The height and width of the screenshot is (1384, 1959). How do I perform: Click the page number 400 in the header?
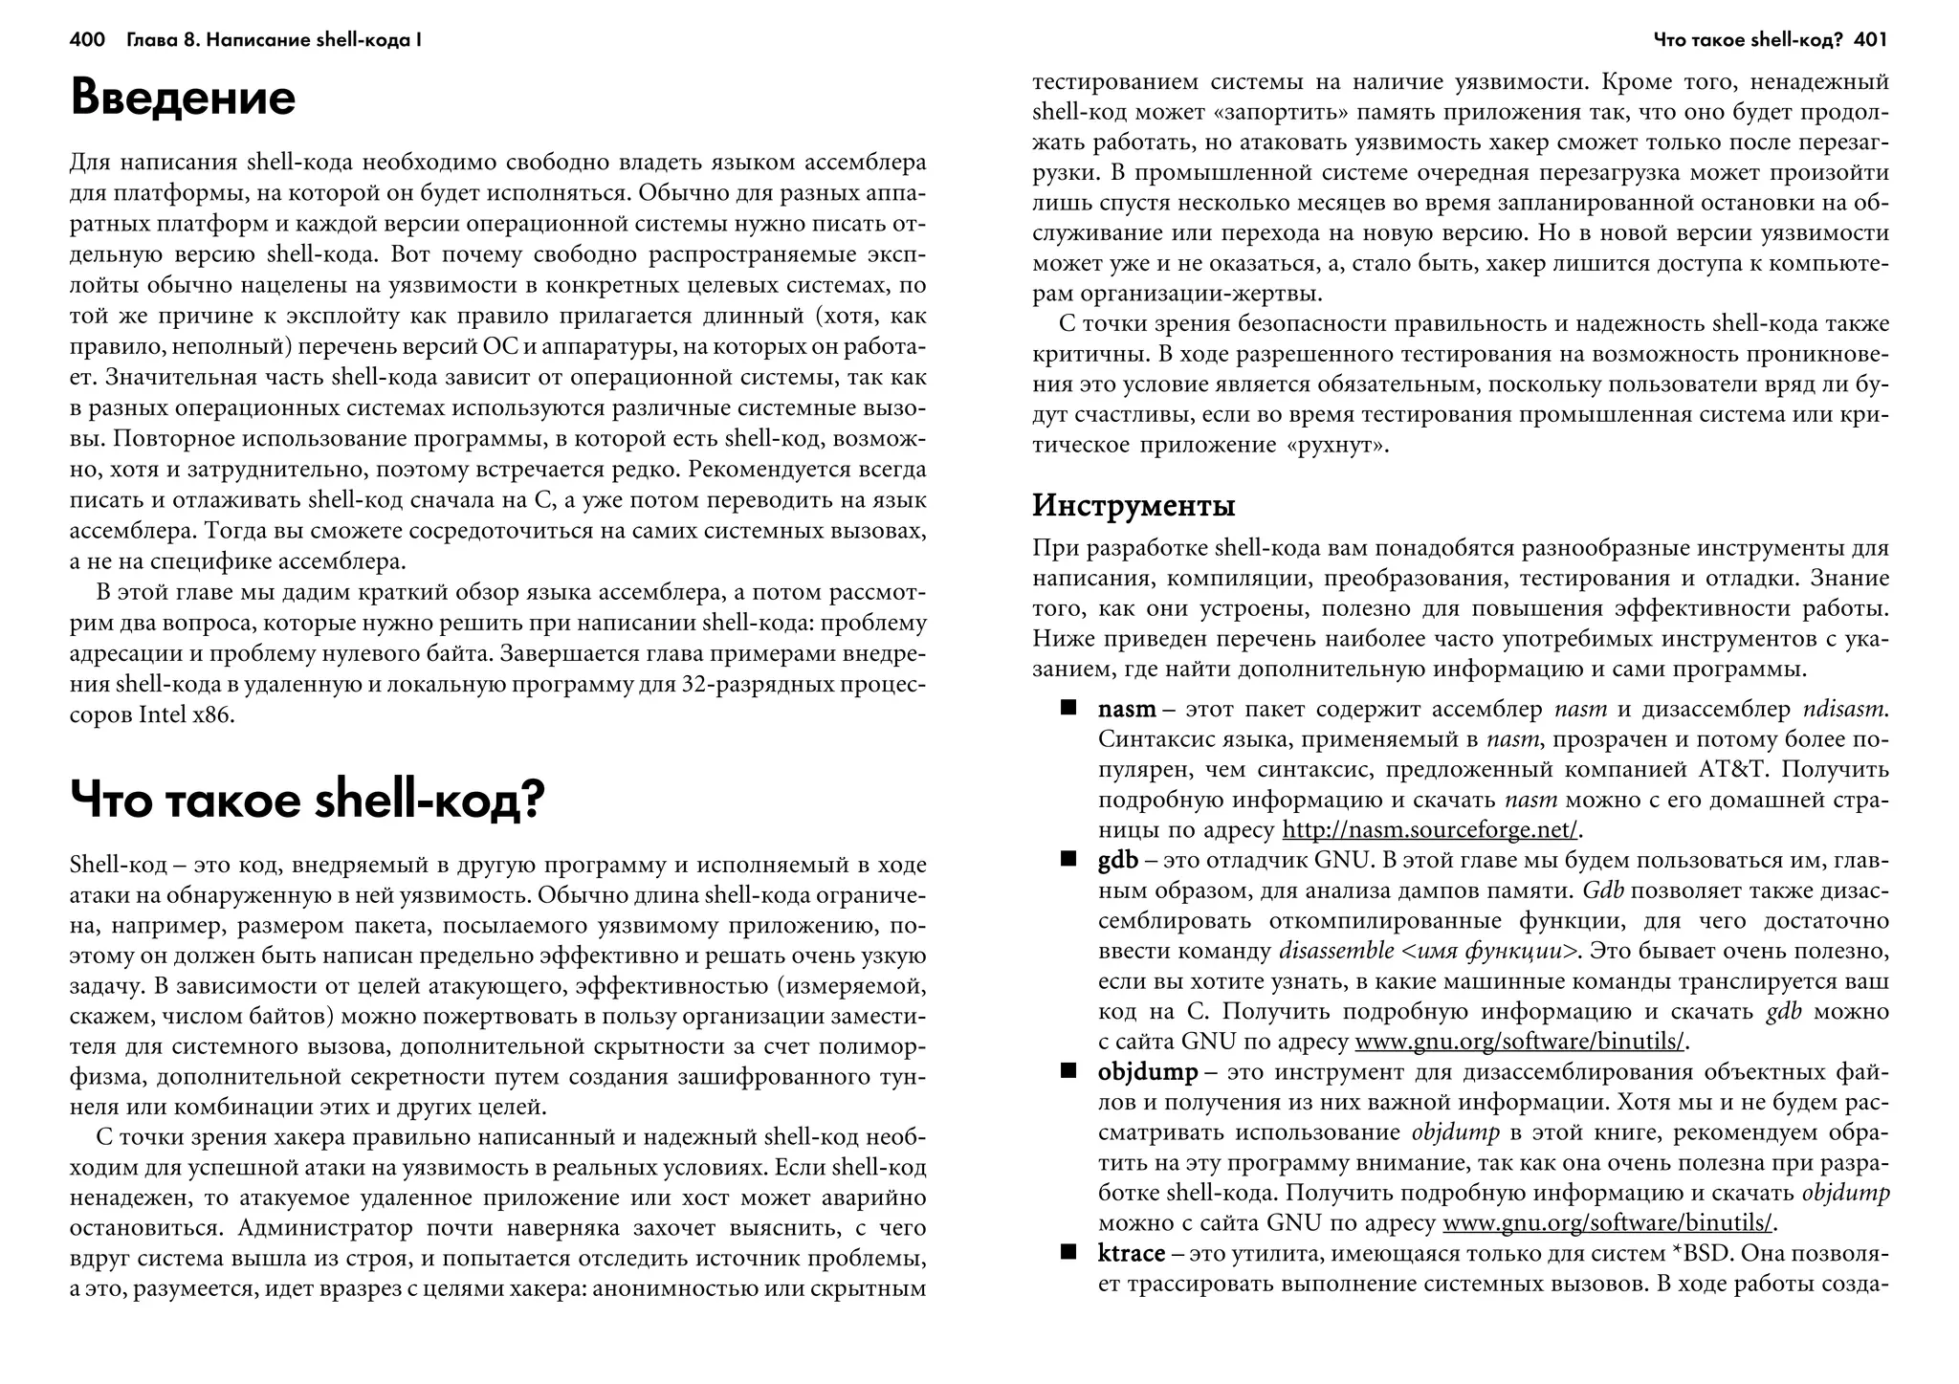87,40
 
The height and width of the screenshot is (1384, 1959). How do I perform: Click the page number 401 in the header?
1870,40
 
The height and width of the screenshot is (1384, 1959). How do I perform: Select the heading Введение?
184,99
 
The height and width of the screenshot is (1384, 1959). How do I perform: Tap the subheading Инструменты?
1134,505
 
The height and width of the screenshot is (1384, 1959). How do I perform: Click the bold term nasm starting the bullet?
1127,710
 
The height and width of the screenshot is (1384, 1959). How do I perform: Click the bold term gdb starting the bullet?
1117,860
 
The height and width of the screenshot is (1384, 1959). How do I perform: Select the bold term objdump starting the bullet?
1147,1071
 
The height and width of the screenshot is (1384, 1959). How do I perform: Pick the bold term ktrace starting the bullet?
1132,1253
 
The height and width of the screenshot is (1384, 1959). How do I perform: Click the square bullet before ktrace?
1068,1252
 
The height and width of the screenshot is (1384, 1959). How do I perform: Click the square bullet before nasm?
1068,709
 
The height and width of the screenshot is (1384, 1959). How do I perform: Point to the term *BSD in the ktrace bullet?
1696,1253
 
